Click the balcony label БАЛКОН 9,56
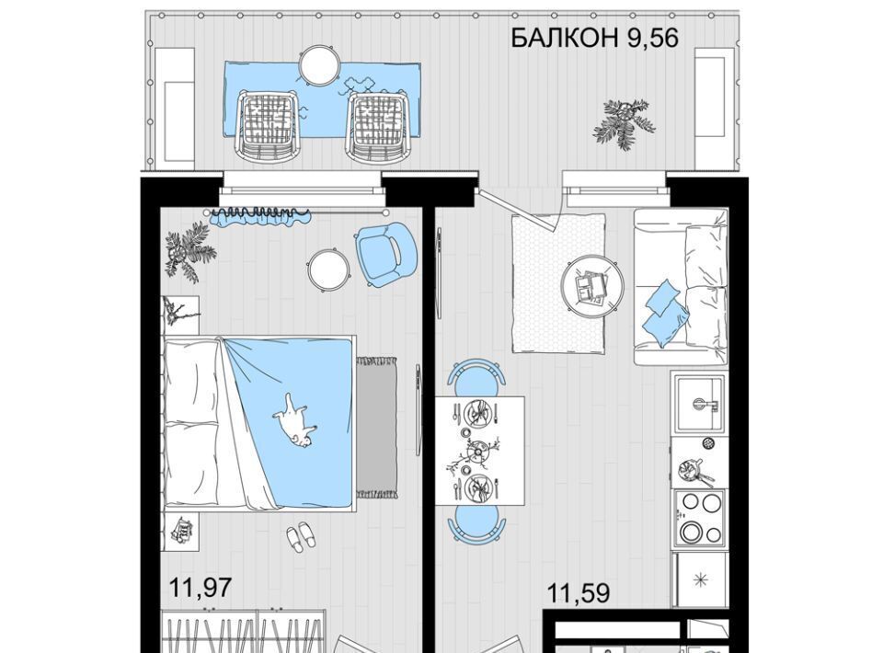pyautogui.click(x=594, y=39)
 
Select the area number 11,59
pyautogui.click(x=579, y=594)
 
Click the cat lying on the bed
pyautogui.click(x=294, y=420)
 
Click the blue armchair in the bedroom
pyautogui.click(x=384, y=251)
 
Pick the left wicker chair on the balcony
pyautogui.click(x=267, y=127)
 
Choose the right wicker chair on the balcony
pyautogui.click(x=377, y=127)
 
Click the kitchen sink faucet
pyautogui.click(x=705, y=404)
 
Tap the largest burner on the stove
pyautogui.click(x=691, y=531)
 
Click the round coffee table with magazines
pyautogui.click(x=592, y=285)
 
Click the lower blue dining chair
pyautogui.click(x=476, y=523)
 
